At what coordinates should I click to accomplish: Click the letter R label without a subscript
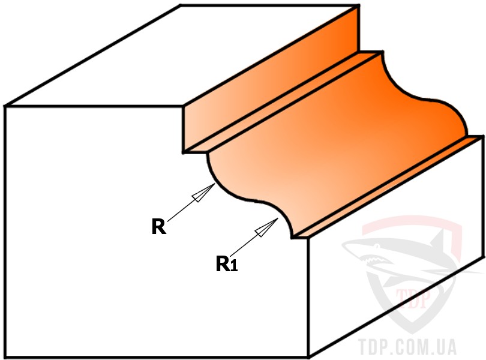tap(159, 226)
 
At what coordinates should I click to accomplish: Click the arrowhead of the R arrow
tap(203, 193)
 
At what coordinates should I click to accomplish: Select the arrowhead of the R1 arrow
tap(266, 227)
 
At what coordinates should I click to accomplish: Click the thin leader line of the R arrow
tap(180, 211)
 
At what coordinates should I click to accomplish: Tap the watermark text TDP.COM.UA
tap(407, 347)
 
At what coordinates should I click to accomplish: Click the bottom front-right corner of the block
tap(308, 357)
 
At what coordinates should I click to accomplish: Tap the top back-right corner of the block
tap(359, 5)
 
